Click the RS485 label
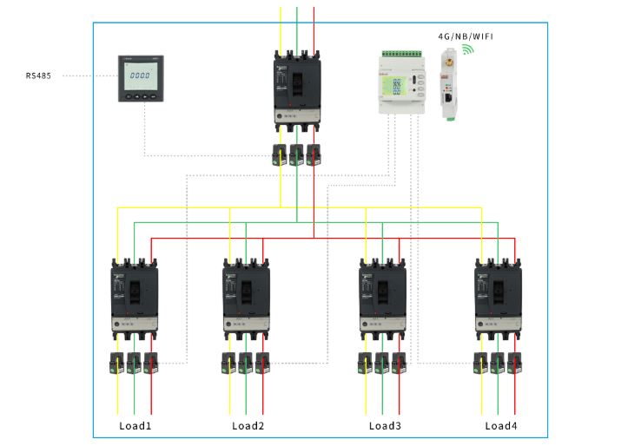(38, 76)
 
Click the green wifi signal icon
(467, 51)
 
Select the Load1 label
(136, 426)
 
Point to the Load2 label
(248, 426)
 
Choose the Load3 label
(385, 426)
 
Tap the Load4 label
(500, 426)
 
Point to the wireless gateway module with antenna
(447, 85)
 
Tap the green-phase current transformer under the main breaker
(297, 154)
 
